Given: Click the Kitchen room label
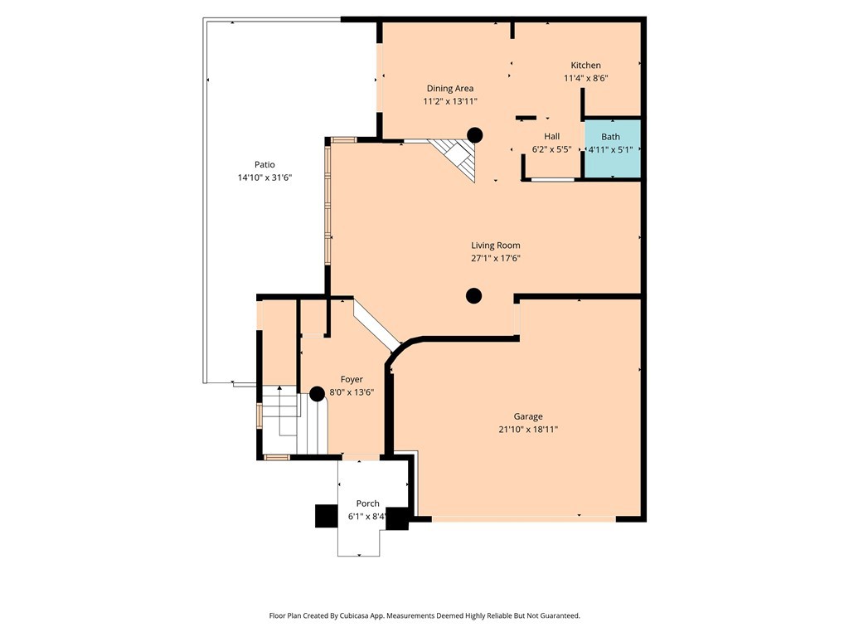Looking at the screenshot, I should [585, 66].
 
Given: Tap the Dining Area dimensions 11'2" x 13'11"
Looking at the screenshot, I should [450, 101].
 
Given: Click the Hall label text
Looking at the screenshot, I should [551, 137].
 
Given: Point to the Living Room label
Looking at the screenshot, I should [496, 246].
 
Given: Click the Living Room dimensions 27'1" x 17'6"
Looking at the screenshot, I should [496, 259].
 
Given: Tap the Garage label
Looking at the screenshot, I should [528, 416].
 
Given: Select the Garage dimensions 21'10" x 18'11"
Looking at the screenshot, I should [528, 430].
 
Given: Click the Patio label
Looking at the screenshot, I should [264, 164].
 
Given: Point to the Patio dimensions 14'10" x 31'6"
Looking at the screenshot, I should [264, 177].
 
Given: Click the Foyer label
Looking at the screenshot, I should [352, 379].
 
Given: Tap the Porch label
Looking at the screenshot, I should [367, 503].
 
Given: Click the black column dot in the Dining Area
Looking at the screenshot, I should [474, 134].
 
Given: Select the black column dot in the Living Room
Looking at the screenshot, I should [473, 295].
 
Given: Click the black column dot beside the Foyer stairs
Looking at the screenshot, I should [317, 394].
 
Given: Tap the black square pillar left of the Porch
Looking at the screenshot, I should [325, 516].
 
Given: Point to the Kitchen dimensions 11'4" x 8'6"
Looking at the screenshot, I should [585, 79].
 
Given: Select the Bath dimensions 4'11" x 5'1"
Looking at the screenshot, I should [610, 150].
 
